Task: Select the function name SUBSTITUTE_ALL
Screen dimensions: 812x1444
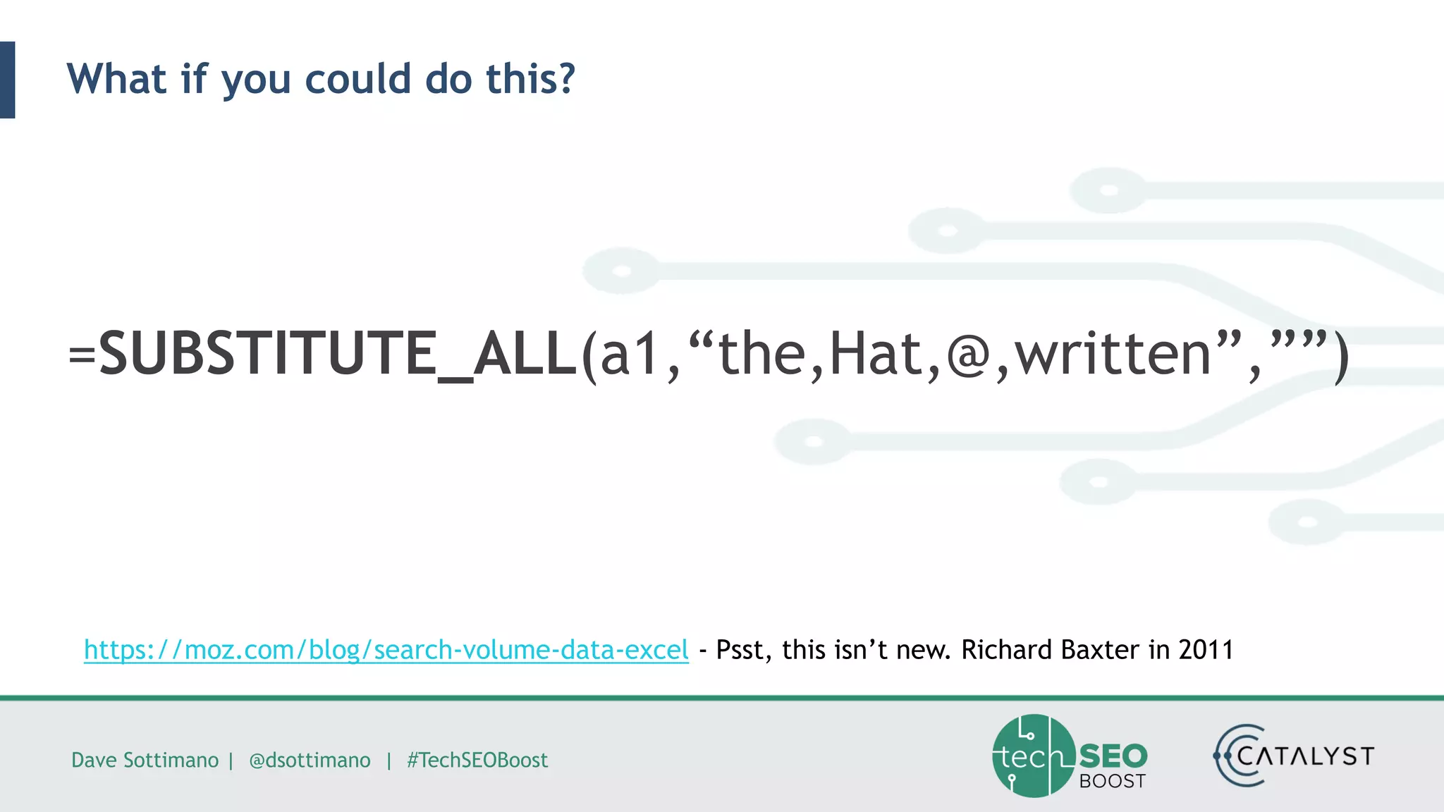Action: click(338, 354)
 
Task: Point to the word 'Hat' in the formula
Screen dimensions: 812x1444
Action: click(875, 354)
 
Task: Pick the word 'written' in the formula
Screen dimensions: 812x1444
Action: click(1113, 354)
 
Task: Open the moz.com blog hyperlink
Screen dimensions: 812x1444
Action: click(386, 650)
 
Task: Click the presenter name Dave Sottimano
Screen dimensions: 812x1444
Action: click(145, 760)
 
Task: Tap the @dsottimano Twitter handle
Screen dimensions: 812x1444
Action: click(310, 760)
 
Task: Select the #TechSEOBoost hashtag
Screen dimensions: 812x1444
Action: click(477, 760)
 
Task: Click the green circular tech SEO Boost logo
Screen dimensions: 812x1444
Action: click(1034, 756)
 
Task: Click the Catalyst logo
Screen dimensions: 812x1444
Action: click(1295, 756)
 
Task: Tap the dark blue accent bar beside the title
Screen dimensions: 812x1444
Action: click(7, 80)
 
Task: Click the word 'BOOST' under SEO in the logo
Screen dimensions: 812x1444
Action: click(1112, 781)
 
